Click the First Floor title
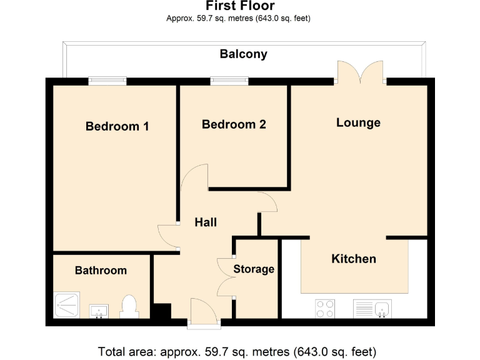[x=239, y=7]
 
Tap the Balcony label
[x=243, y=54]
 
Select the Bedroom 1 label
[x=117, y=126]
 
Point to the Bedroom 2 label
[x=234, y=124]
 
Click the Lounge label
[x=358, y=122]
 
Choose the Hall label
[x=206, y=222]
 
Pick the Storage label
[x=254, y=269]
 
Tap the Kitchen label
[x=354, y=259]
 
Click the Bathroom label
[x=101, y=271]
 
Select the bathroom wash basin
[x=98, y=310]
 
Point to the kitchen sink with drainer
[x=372, y=308]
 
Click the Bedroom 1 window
[x=107, y=80]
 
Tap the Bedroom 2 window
[x=229, y=80]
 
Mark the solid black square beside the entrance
[x=161, y=312]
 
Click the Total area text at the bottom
[x=237, y=351]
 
